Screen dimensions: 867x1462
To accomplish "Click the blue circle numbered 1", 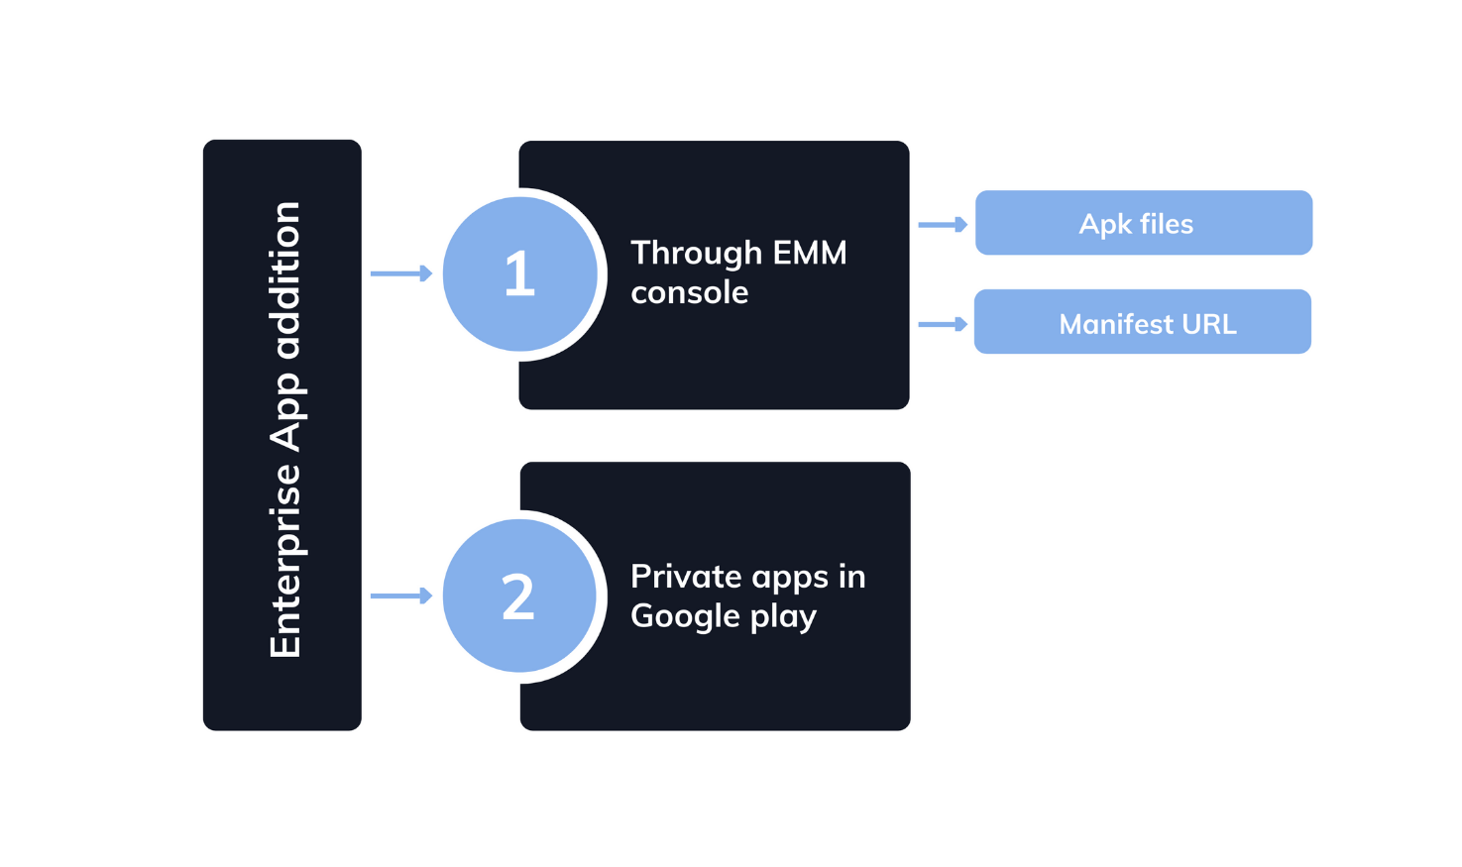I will [x=520, y=273].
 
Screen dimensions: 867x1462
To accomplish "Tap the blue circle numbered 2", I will [x=519, y=596].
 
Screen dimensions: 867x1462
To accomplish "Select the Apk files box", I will [x=1143, y=223].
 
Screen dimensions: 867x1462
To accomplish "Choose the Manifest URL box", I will [x=1142, y=322].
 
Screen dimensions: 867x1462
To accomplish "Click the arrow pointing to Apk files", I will [x=943, y=225].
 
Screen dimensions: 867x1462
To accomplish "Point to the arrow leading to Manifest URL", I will [x=943, y=324].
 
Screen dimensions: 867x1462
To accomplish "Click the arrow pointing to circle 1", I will [x=401, y=273].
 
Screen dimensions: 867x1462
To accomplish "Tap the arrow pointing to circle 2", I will [x=401, y=596].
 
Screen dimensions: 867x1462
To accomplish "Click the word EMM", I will [x=810, y=253].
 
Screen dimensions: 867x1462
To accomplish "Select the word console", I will [x=690, y=293].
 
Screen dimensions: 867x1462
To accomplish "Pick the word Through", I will [x=697, y=254].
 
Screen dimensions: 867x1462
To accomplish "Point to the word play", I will [x=783, y=617].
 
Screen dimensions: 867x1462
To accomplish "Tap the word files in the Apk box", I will [x=1166, y=224].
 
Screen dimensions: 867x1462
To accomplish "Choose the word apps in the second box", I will [x=791, y=578].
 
